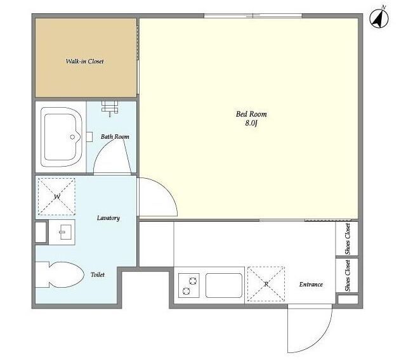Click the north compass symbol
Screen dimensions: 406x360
click(x=379, y=18)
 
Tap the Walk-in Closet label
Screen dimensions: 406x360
click(x=84, y=61)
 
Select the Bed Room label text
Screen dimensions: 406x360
click(x=251, y=114)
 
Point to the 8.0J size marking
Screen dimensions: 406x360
click(x=251, y=124)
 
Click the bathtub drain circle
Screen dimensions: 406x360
click(x=72, y=137)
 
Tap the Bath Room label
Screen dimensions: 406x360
click(x=115, y=136)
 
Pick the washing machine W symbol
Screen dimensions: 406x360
click(x=56, y=197)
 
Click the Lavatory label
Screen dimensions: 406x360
click(x=108, y=218)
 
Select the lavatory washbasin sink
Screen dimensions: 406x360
click(x=62, y=232)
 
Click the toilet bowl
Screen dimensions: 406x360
click(x=66, y=274)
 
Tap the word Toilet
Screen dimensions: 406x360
click(x=98, y=274)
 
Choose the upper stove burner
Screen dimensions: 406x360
click(x=193, y=281)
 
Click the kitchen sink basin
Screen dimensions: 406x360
click(x=224, y=285)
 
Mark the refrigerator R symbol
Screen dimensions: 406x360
click(x=266, y=284)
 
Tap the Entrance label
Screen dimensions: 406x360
click(x=311, y=285)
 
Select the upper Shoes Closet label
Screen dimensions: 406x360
click(x=348, y=239)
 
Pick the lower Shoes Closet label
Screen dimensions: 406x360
click(x=348, y=276)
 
